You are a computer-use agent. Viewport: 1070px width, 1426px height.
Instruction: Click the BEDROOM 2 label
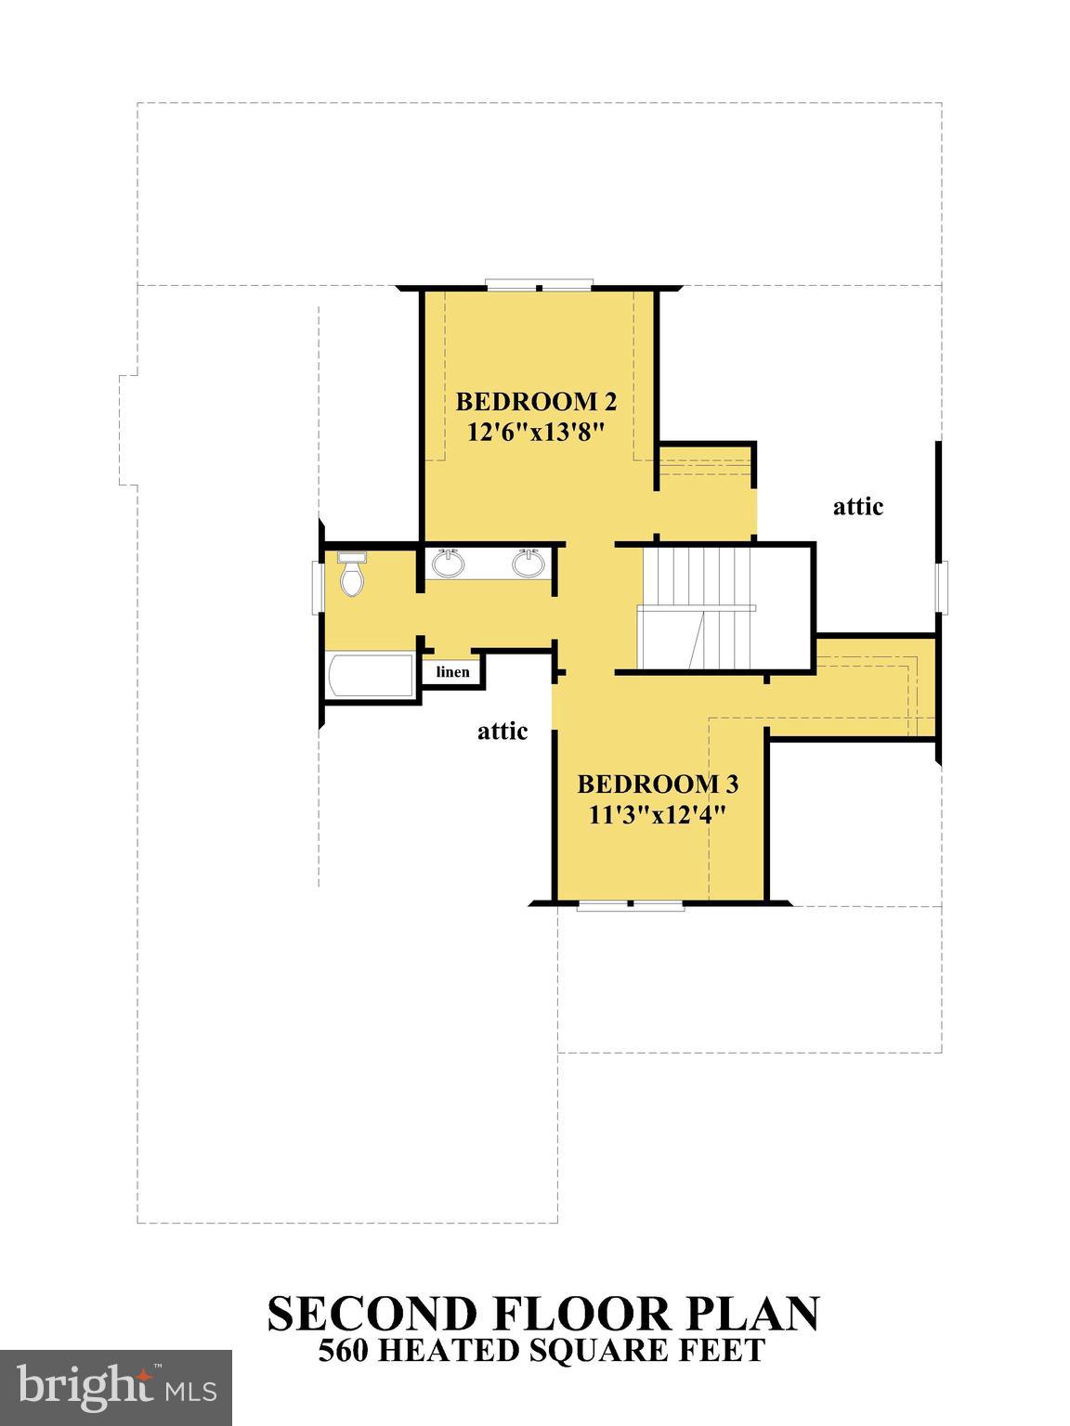pyautogui.click(x=536, y=402)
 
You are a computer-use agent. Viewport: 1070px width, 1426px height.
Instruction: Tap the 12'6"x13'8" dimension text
pyautogui.click(x=536, y=432)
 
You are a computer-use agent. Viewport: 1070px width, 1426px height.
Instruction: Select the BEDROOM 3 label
pyautogui.click(x=658, y=784)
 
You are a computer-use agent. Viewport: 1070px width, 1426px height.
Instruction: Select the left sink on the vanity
pyautogui.click(x=450, y=563)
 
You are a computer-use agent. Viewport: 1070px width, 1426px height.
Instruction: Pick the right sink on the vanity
pyautogui.click(x=528, y=563)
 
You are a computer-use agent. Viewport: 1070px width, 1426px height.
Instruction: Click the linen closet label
pyautogui.click(x=453, y=672)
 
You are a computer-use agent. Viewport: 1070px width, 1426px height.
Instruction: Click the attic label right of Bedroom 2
pyautogui.click(x=857, y=507)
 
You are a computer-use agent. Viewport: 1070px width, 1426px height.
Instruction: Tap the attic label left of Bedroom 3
pyautogui.click(x=502, y=732)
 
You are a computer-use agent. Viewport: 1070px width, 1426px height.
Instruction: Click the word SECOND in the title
pyautogui.click(x=372, y=1314)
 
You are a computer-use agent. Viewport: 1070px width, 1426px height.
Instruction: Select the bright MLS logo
pyautogui.click(x=116, y=1388)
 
